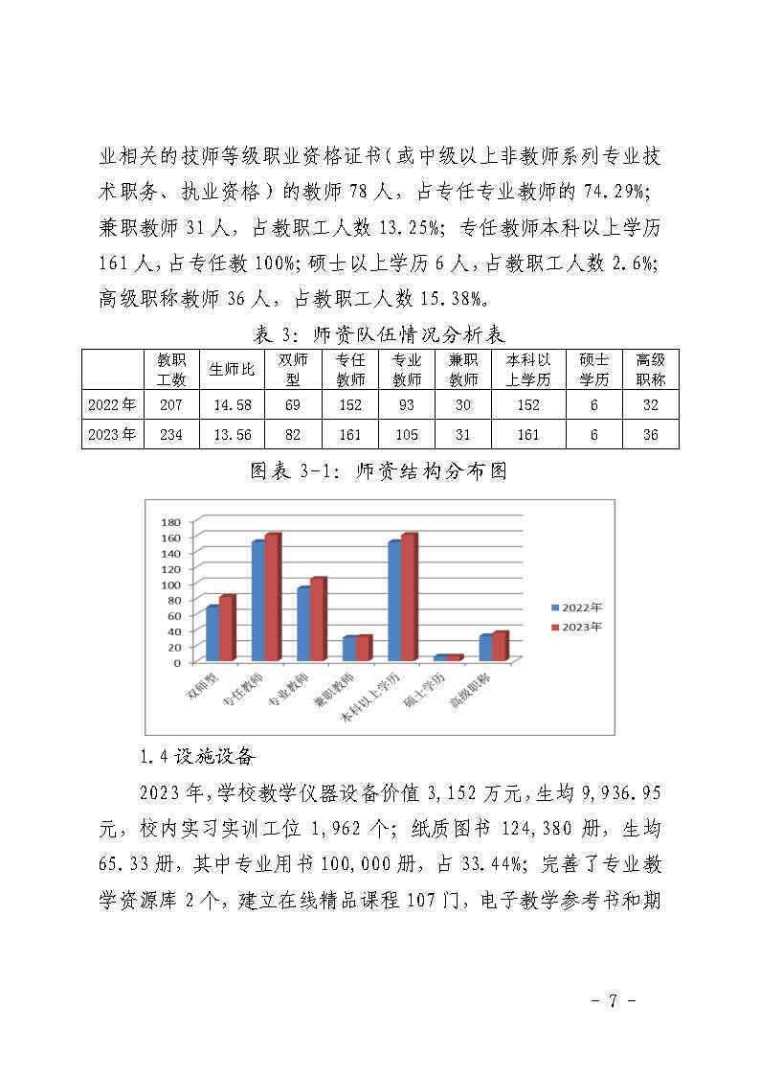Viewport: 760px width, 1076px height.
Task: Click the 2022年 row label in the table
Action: coord(112,404)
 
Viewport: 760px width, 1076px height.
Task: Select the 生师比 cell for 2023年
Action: coord(232,434)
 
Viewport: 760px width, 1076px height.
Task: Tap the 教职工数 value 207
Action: coord(171,404)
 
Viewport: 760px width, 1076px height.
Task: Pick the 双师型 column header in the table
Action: coord(293,369)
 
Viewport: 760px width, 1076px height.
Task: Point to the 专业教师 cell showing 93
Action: coord(407,404)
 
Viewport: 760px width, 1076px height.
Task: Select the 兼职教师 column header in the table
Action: coord(463,369)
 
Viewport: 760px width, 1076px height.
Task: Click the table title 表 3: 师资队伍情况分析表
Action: coord(379,334)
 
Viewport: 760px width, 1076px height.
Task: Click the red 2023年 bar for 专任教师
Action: coord(273,597)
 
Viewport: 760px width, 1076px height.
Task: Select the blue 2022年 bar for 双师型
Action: coord(212,632)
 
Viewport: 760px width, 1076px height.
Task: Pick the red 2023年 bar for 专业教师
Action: coord(318,620)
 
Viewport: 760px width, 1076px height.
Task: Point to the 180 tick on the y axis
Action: coord(171,522)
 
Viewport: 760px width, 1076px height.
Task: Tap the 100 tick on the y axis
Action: coord(171,584)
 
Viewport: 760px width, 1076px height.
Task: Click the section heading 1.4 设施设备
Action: coord(197,757)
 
